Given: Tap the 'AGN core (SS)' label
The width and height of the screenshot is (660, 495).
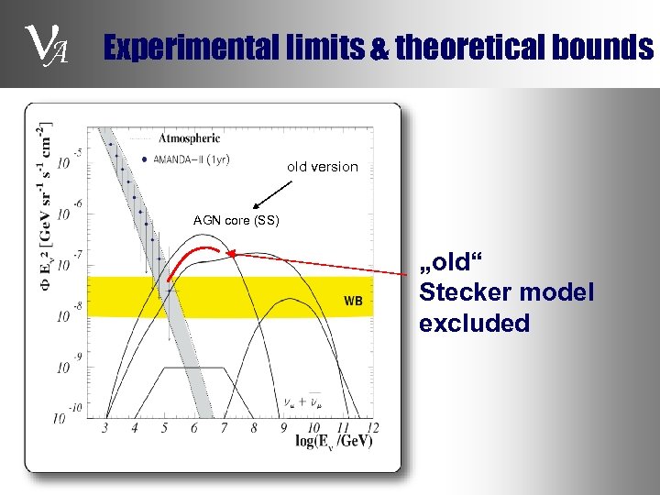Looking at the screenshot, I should point(236,221).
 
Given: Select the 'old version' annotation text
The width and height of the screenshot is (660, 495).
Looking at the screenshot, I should point(322,167).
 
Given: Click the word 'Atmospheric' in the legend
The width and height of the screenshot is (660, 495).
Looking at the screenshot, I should point(190,139).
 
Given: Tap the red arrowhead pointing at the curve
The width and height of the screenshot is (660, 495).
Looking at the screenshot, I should point(231,252).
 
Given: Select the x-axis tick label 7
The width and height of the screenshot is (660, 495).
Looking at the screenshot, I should point(223,428).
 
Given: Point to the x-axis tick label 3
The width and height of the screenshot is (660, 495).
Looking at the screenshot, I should point(104,428).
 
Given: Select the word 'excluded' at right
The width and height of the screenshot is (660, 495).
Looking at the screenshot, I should point(474,323).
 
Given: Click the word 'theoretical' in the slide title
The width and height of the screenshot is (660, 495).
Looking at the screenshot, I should point(468,48).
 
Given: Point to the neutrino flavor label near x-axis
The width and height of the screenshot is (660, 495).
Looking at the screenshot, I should point(302,401).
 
